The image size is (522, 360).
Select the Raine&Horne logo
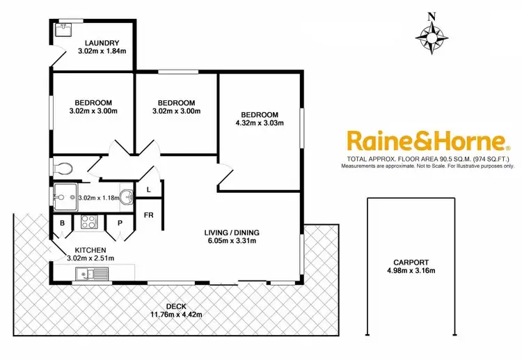[427, 142]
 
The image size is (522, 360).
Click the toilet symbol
[63, 168]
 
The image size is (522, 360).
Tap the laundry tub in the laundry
[66, 29]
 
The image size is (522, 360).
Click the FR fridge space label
[148, 215]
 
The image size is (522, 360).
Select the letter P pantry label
[120, 223]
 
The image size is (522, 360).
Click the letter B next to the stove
[62, 223]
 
